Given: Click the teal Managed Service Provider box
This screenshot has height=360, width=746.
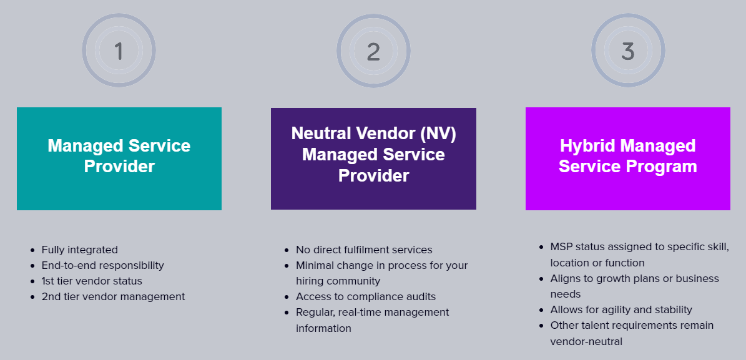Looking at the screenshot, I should (x=119, y=158).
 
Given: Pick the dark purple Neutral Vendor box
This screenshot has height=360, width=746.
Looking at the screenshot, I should (x=373, y=158).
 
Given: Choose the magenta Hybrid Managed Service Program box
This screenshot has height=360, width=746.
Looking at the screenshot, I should (x=627, y=158).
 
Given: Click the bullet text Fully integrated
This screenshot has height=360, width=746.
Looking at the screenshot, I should (x=79, y=250).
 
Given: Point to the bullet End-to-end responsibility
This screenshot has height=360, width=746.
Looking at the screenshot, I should (x=102, y=265).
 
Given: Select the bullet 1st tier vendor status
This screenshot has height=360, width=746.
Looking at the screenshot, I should (x=92, y=281).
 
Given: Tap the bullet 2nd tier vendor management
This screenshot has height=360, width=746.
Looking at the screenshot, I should (x=113, y=296).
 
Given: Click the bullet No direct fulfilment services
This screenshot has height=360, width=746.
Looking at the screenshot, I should (x=364, y=250).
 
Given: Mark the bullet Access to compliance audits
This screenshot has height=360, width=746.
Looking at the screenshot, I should (x=366, y=296).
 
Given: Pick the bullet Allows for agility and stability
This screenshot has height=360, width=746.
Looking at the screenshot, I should (x=621, y=309).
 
